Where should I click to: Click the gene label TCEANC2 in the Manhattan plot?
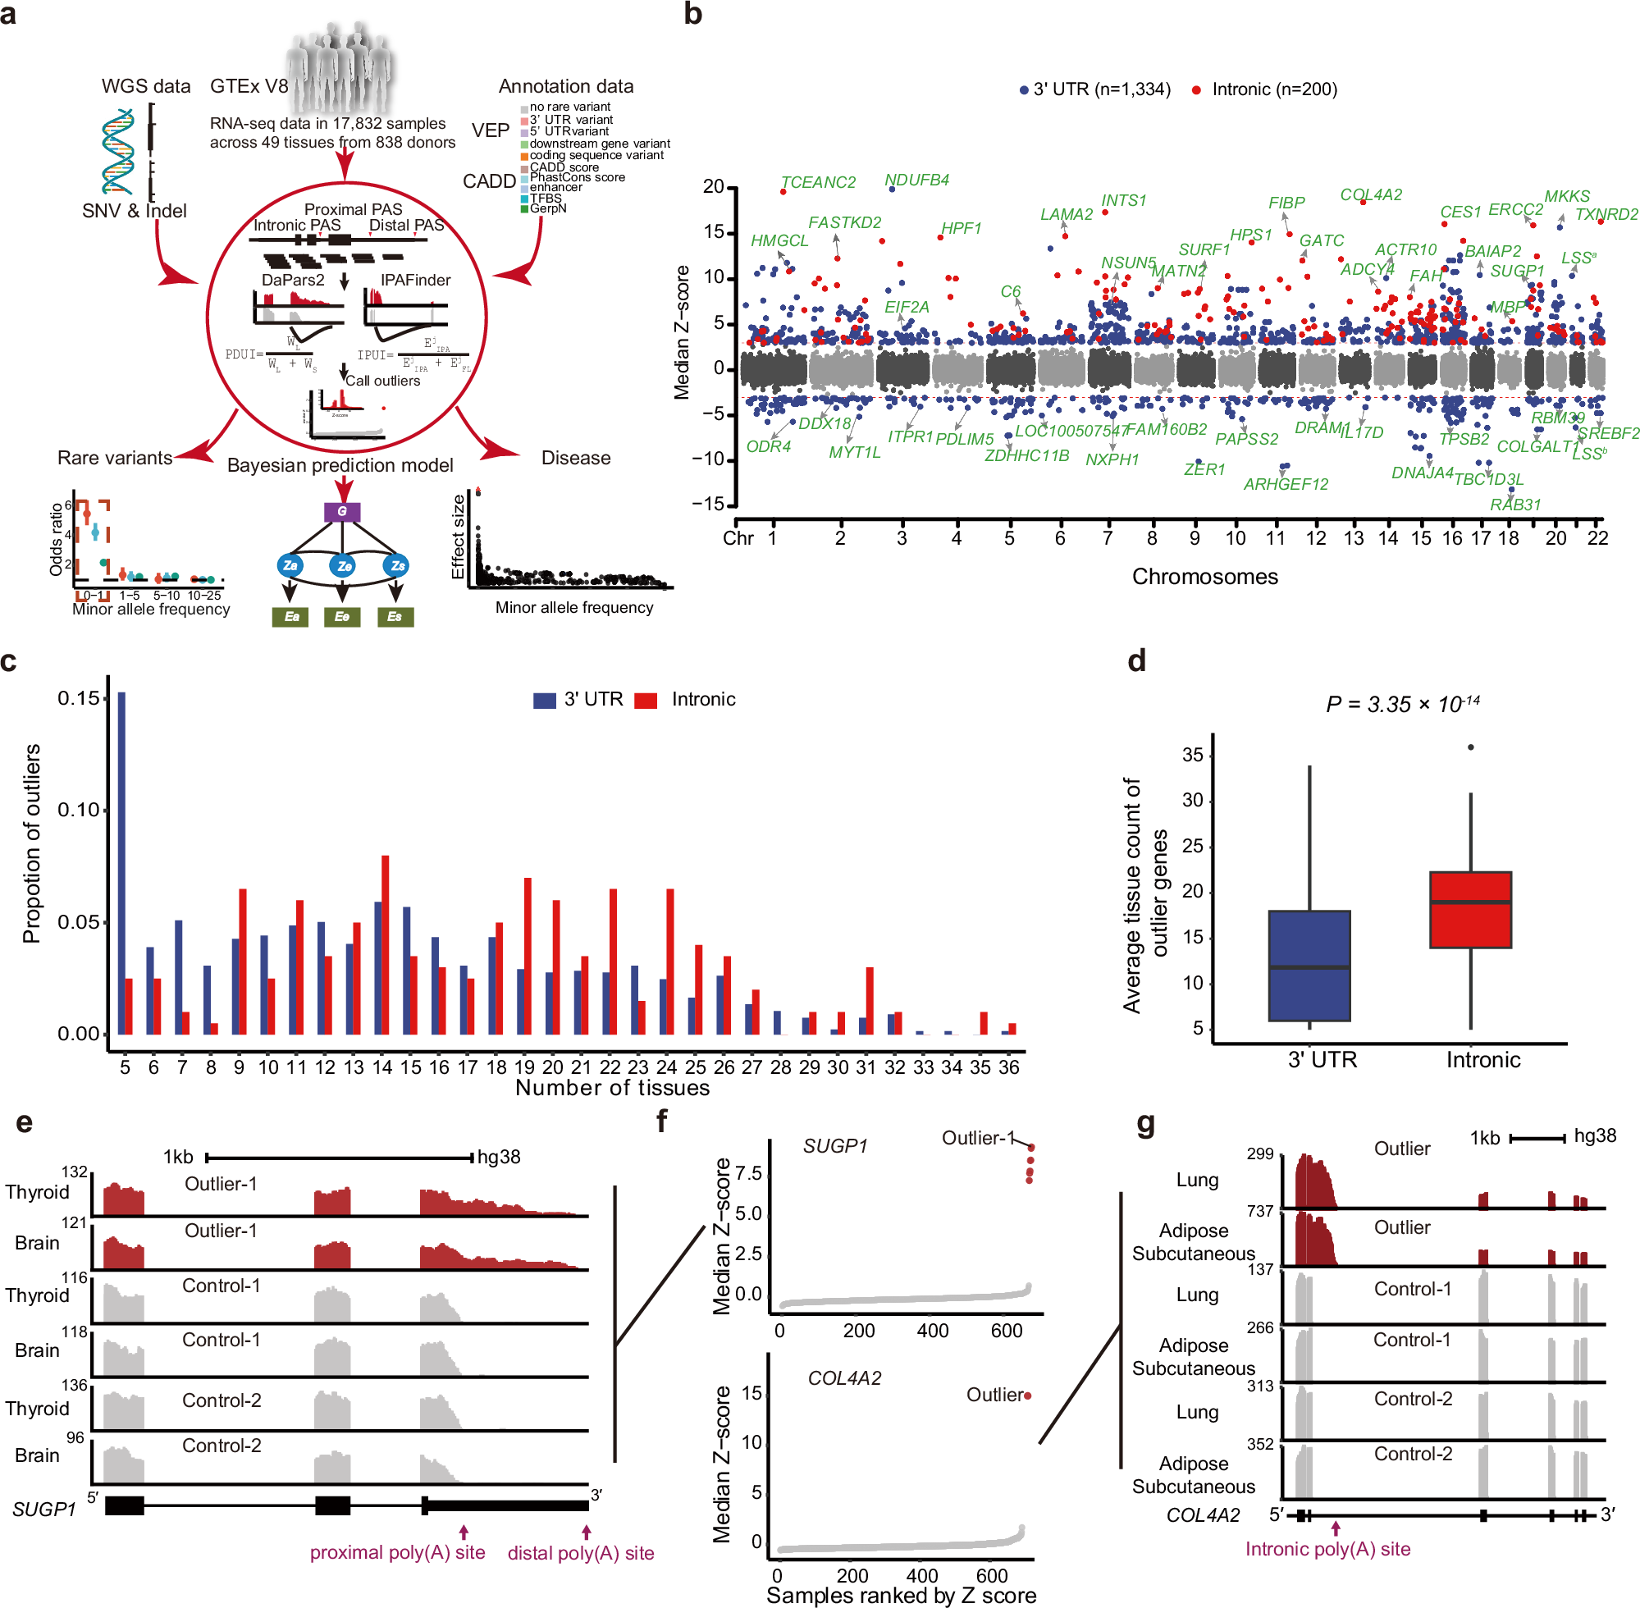[816, 182]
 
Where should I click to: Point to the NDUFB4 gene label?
[916, 180]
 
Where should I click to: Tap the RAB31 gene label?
[1515, 505]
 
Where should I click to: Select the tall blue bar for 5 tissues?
[121, 861]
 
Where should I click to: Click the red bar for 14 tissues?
[385, 944]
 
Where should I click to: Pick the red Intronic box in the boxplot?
[1469, 910]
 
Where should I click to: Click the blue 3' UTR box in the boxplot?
[1308, 966]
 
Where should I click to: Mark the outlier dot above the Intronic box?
[1470, 747]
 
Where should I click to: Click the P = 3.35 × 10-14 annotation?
[1402, 704]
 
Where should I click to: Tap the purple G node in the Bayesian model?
[342, 511]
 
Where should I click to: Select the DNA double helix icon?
[118, 152]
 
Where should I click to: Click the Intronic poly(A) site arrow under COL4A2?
[1335, 1528]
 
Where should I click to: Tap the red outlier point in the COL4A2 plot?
[1028, 1396]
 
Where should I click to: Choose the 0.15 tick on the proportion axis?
[80, 698]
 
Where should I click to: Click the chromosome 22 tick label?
[1597, 538]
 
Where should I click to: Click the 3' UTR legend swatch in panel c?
[544, 700]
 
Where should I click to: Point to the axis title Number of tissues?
[612, 1088]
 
